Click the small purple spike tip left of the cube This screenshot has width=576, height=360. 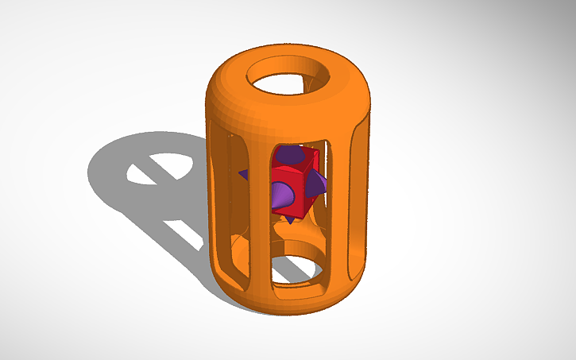pos(243,172)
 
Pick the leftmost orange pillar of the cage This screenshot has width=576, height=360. pos(218,199)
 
